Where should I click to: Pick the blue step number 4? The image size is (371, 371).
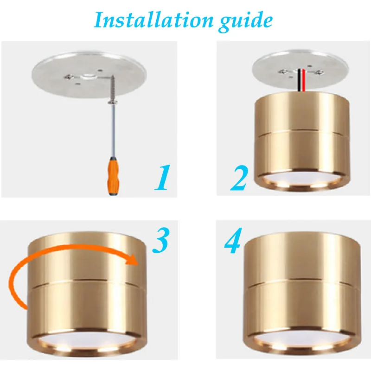tap(233, 242)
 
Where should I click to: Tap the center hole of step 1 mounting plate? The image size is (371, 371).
tap(88, 74)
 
